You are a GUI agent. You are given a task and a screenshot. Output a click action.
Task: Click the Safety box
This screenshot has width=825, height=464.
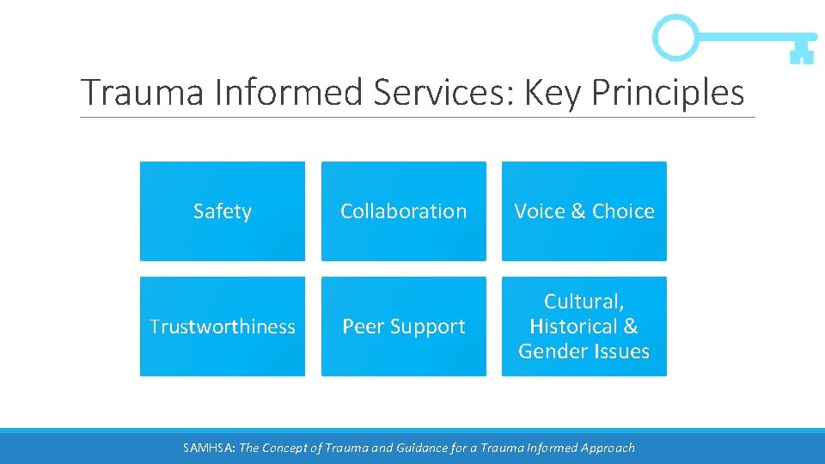coord(222,211)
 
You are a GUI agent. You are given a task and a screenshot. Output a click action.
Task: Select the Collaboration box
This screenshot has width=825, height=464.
coord(403,211)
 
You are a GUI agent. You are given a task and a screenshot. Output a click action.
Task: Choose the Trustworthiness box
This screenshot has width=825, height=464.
coord(222,327)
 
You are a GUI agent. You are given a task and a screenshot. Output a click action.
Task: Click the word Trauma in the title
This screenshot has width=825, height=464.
coord(142,93)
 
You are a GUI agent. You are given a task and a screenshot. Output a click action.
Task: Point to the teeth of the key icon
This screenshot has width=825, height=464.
coord(801,54)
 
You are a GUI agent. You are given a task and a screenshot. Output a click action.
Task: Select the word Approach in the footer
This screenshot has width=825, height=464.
coord(607,447)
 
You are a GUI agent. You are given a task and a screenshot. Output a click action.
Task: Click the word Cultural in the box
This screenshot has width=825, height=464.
coord(584,302)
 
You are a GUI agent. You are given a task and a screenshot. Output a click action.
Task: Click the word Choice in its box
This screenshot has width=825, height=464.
coord(623,211)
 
